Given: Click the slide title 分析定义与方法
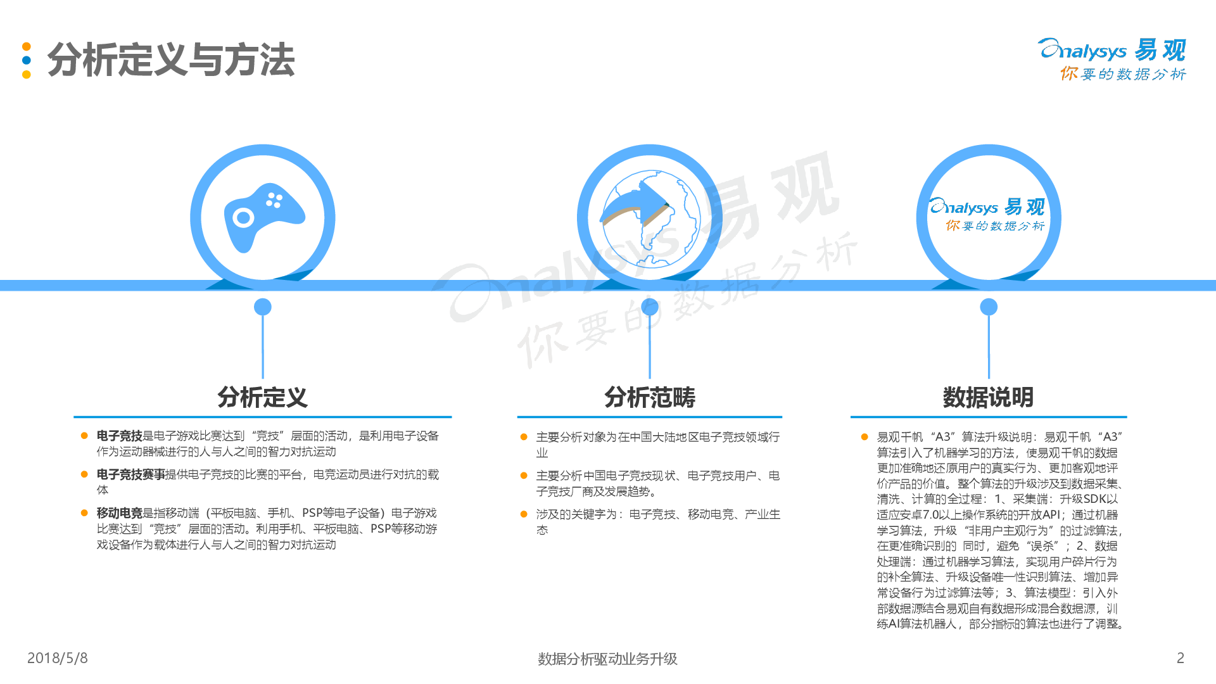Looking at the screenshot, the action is pyautogui.click(x=171, y=60).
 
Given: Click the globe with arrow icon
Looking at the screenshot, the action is pyautogui.click(x=650, y=217).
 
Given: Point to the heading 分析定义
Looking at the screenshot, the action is pyautogui.click(x=262, y=398).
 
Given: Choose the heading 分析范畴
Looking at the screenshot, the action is pyautogui.click(x=650, y=398).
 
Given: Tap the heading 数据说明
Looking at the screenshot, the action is pyautogui.click(x=988, y=398).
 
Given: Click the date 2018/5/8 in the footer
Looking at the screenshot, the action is pyautogui.click(x=57, y=658).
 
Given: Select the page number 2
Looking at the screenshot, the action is pyautogui.click(x=1180, y=658).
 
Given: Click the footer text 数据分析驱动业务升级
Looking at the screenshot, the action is pyautogui.click(x=607, y=659).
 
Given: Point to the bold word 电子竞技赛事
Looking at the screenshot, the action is pyautogui.click(x=130, y=474).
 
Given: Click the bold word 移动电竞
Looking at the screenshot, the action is pyautogui.click(x=119, y=513).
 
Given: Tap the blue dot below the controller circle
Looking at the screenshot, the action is pyautogui.click(x=263, y=307).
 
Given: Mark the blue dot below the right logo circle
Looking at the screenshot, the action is pyautogui.click(x=989, y=307).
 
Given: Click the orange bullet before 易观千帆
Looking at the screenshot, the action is pyautogui.click(x=864, y=437).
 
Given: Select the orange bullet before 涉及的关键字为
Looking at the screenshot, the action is pyautogui.click(x=524, y=514).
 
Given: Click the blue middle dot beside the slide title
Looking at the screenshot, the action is pyautogui.click(x=27, y=60).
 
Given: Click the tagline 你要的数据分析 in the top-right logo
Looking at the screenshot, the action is pyautogui.click(x=1123, y=74).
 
